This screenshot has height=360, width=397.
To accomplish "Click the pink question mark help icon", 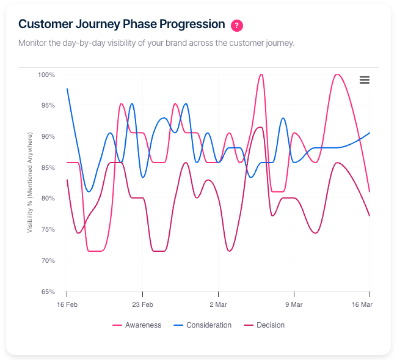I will pyautogui.click(x=237, y=25).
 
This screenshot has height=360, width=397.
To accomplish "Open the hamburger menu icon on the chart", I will pyautogui.click(x=365, y=80).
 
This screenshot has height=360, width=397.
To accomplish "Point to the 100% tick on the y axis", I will pyautogui.click(x=46, y=75).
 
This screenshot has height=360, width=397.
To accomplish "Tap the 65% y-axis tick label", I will pyautogui.click(x=48, y=292).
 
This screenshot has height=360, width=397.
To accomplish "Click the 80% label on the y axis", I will pyautogui.click(x=48, y=199).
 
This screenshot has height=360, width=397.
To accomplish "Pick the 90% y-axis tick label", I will pyautogui.click(x=48, y=136).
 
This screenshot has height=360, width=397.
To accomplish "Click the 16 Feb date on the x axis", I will pyautogui.click(x=67, y=304).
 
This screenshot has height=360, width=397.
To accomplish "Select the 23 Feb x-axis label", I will pyautogui.click(x=142, y=304).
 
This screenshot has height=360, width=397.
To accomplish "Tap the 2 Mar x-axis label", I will pyautogui.click(x=218, y=304).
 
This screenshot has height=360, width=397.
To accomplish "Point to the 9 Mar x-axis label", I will pyautogui.click(x=294, y=304).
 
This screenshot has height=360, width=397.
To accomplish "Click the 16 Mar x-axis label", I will pyautogui.click(x=362, y=304).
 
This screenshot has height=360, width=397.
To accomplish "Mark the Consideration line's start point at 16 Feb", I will pyautogui.click(x=67, y=89).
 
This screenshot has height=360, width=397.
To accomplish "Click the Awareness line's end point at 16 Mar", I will pyautogui.click(x=370, y=192).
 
